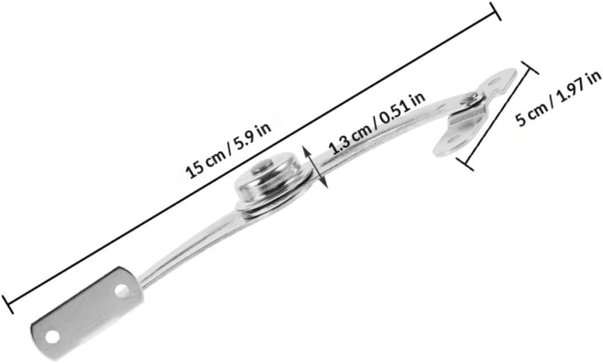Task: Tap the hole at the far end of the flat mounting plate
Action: [x=52, y=337]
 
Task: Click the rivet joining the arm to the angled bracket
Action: [x=471, y=100]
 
